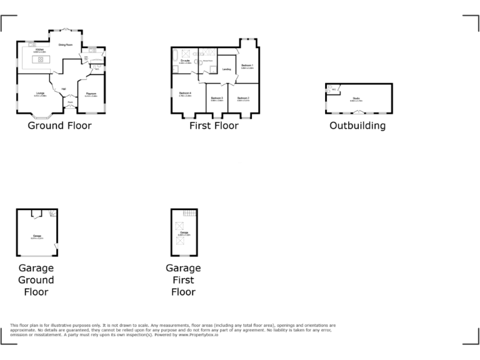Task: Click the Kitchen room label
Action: (x=39, y=49)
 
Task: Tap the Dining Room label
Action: (x=66, y=45)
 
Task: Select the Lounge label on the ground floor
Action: (x=39, y=94)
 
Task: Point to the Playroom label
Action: (x=91, y=94)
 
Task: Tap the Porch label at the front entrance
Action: (x=70, y=102)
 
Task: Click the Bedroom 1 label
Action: (x=247, y=66)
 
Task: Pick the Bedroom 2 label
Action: (x=243, y=98)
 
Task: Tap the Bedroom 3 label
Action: (x=217, y=98)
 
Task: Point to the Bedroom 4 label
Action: (x=184, y=94)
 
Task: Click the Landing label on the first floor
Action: (x=226, y=69)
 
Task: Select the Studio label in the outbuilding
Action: (x=356, y=98)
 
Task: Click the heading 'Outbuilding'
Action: (x=357, y=126)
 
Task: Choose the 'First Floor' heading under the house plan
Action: (x=214, y=126)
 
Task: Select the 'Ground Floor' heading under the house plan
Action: (x=59, y=126)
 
